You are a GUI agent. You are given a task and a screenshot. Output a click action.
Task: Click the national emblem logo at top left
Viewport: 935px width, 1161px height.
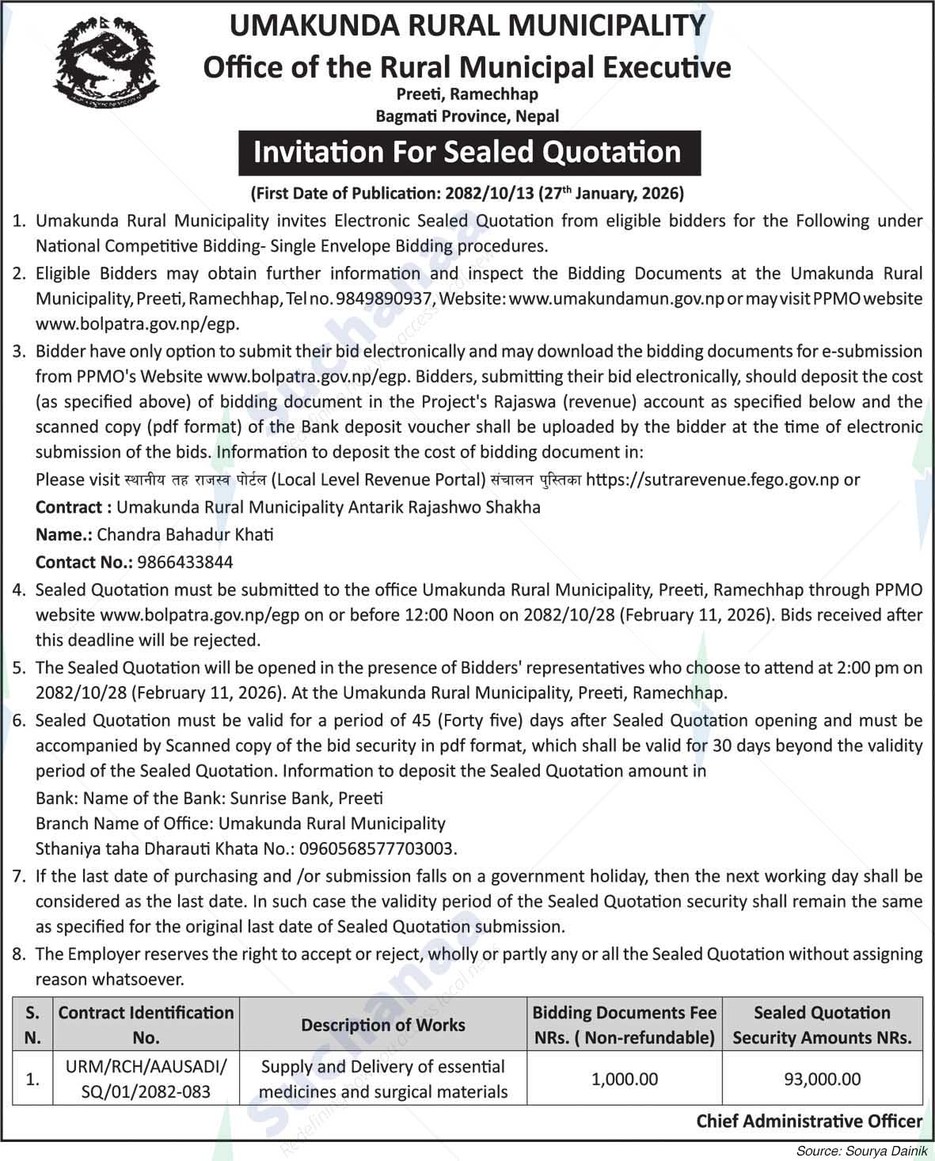coord(106,63)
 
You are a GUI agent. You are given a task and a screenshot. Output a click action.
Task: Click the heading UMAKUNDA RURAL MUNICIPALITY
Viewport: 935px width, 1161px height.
coord(467,26)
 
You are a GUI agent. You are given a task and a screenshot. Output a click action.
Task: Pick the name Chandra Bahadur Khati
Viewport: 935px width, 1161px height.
coord(185,534)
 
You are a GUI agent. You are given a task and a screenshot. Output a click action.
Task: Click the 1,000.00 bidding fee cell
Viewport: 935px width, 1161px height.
coord(625,1079)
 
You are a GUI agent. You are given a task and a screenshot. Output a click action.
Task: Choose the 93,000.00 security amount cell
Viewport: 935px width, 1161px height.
coord(822,1079)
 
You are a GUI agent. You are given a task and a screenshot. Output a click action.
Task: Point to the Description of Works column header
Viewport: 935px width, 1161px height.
coord(383,1025)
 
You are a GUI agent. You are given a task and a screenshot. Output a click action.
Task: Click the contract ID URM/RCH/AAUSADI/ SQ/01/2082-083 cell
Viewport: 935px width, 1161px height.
coord(146,1079)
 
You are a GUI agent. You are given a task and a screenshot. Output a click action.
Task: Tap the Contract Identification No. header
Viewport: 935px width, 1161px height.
coord(146,1025)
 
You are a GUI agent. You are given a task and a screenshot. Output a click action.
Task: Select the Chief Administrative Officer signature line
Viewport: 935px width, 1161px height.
coord(809,1121)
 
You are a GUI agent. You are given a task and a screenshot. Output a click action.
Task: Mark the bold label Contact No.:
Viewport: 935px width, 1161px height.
coord(84,562)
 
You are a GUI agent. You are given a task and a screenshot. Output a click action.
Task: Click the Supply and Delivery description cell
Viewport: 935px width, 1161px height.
coord(383,1079)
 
